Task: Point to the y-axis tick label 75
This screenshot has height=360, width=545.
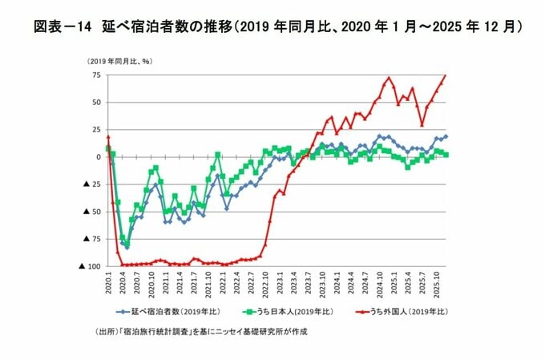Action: [95, 75]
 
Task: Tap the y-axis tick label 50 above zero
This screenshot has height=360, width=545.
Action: [95, 102]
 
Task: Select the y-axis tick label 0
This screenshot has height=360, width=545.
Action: [97, 156]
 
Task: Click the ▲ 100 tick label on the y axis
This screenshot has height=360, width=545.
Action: [88, 265]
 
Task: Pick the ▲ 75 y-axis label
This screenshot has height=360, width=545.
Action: [90, 238]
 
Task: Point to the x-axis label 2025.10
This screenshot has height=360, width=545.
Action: [436, 282]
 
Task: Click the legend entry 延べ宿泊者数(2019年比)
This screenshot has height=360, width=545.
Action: [168, 311]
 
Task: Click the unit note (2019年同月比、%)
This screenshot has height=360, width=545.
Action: [119, 61]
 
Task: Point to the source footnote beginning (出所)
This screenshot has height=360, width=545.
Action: [200, 330]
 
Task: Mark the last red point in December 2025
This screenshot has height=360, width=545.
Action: [446, 75]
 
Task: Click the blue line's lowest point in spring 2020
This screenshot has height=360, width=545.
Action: [127, 247]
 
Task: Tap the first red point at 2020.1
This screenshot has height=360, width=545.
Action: [108, 137]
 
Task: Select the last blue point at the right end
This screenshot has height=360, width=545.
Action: [446, 136]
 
